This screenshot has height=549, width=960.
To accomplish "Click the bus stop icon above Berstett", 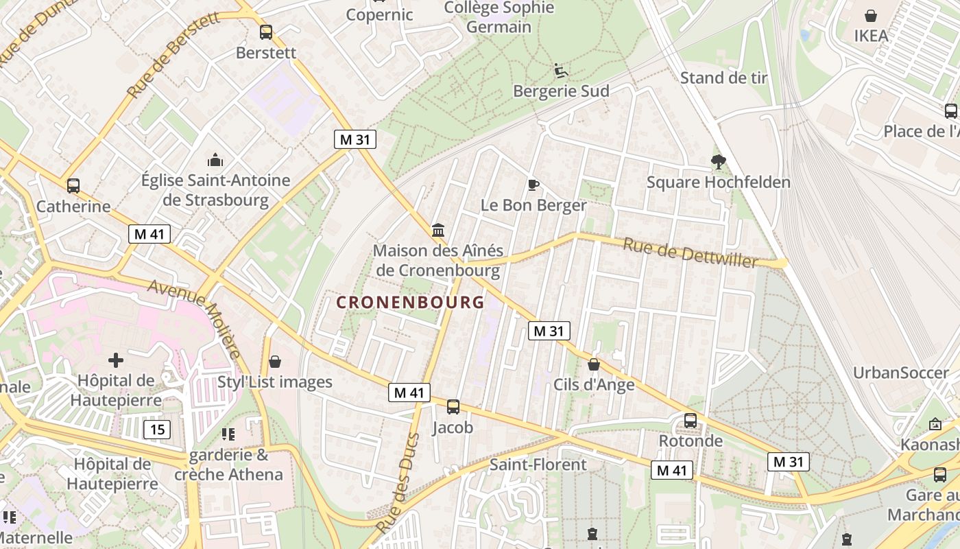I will (x=266, y=32).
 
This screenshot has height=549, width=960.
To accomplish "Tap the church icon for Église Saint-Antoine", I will (x=215, y=161).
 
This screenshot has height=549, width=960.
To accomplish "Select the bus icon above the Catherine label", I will (x=73, y=186).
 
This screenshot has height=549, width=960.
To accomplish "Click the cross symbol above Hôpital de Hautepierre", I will (x=116, y=360).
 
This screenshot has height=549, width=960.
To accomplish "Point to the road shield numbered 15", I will (x=157, y=430).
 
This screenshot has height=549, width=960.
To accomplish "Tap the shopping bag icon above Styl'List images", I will (x=275, y=362).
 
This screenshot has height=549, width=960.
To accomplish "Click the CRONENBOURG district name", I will (x=411, y=302).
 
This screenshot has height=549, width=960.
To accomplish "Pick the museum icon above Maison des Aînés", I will (x=438, y=230).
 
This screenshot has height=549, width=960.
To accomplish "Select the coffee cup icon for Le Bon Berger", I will (x=533, y=185).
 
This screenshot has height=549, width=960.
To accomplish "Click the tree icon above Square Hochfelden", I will (x=719, y=162).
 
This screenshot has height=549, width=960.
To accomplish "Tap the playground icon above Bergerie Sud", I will (x=561, y=70).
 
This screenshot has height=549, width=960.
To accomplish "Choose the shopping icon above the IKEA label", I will (x=871, y=16).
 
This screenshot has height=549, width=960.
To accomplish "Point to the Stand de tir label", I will (x=723, y=78).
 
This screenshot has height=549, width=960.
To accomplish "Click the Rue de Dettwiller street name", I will (x=691, y=253).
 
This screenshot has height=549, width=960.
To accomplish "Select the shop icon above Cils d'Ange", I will (x=594, y=364).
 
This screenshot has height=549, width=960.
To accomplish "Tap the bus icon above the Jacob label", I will (x=453, y=407).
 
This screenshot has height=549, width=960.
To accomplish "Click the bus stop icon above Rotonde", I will (x=691, y=421).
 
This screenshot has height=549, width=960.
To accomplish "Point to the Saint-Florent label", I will (x=538, y=465).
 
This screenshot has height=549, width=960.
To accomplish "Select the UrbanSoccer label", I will (x=901, y=373).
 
